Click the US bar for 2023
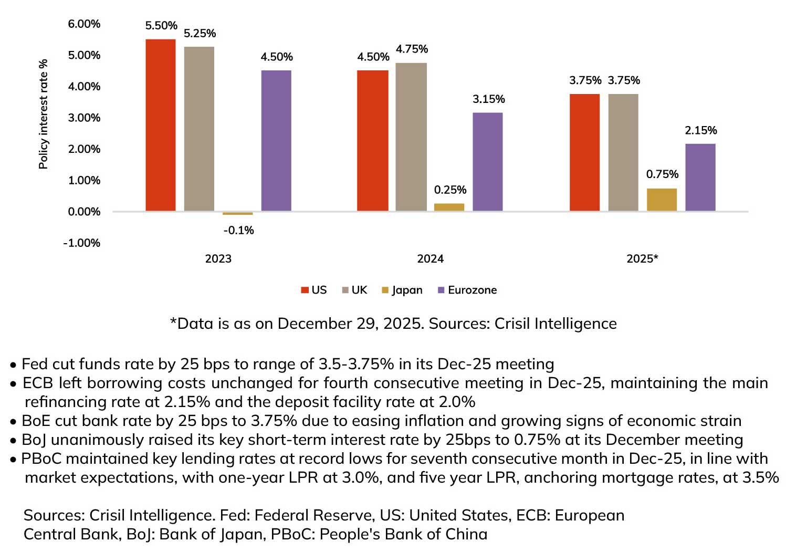[x=160, y=125]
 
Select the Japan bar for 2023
[x=237, y=213]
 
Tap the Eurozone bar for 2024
[x=487, y=162]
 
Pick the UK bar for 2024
[x=411, y=137]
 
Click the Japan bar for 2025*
[x=662, y=200]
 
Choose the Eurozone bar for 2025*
[x=700, y=177]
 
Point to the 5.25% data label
[x=200, y=34]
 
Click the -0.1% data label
[x=238, y=230]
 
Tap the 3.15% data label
[x=488, y=99]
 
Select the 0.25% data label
[x=450, y=190]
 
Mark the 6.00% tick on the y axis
[x=84, y=24]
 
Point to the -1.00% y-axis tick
[x=82, y=243]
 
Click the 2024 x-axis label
[x=430, y=259]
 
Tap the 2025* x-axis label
[x=642, y=259]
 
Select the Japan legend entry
[x=402, y=290]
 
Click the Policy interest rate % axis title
[x=43, y=114]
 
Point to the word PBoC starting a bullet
[x=41, y=459]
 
